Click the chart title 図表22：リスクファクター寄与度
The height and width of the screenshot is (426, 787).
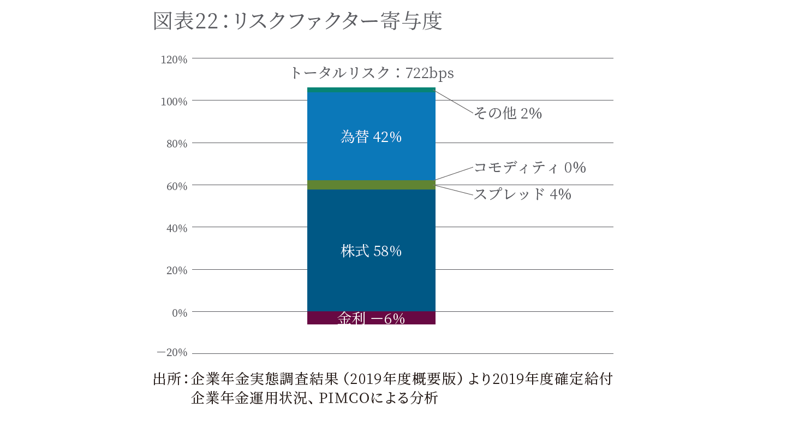(297, 22)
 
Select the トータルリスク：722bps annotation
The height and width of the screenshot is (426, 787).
(372, 73)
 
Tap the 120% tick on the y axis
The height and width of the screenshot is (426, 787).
(174, 60)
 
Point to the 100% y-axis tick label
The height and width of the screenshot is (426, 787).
(174, 102)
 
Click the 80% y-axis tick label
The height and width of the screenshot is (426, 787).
(176, 144)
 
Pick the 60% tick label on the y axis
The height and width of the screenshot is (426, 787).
(176, 186)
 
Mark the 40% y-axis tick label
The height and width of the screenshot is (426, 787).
(176, 228)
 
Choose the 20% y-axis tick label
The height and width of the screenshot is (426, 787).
(176, 270)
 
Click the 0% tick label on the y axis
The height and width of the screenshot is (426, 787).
(179, 313)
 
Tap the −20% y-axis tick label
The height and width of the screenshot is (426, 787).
(172, 352)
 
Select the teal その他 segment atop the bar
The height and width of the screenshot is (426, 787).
(371, 90)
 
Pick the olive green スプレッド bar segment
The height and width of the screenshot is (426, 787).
(371, 185)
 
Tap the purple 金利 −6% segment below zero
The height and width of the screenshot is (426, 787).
(371, 318)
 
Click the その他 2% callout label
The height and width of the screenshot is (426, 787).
(507, 114)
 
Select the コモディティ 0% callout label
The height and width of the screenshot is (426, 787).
(529, 168)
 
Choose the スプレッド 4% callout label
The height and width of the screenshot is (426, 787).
(522, 194)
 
